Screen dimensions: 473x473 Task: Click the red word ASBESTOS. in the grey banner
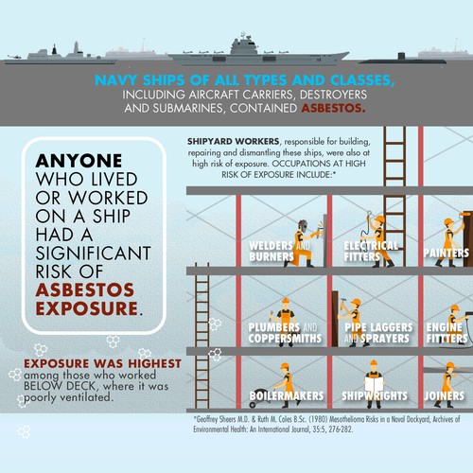click(x=333, y=108)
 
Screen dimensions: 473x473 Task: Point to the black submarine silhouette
click(x=402, y=60)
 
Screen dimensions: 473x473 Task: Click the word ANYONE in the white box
click(x=79, y=161)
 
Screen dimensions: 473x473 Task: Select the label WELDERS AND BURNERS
click(x=279, y=251)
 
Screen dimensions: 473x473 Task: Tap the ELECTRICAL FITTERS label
click(x=371, y=251)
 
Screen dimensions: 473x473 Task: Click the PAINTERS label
click(x=447, y=253)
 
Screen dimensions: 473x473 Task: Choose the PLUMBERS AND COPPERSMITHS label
click(x=285, y=333)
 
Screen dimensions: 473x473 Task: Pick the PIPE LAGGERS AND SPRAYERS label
click(x=378, y=333)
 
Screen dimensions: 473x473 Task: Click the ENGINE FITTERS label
click(x=447, y=333)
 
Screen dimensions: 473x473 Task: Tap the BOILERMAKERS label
click(x=287, y=396)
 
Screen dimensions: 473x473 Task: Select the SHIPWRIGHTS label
click(x=375, y=396)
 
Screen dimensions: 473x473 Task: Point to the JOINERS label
click(x=445, y=396)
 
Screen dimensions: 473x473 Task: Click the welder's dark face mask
click(x=303, y=226)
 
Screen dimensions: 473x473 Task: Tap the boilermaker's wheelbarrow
click(x=264, y=394)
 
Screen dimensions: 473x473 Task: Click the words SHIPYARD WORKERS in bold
click(x=234, y=141)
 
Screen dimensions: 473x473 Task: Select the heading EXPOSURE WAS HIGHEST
click(x=102, y=363)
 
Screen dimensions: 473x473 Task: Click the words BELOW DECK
click(x=61, y=386)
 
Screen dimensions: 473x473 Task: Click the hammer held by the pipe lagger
click(x=343, y=304)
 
